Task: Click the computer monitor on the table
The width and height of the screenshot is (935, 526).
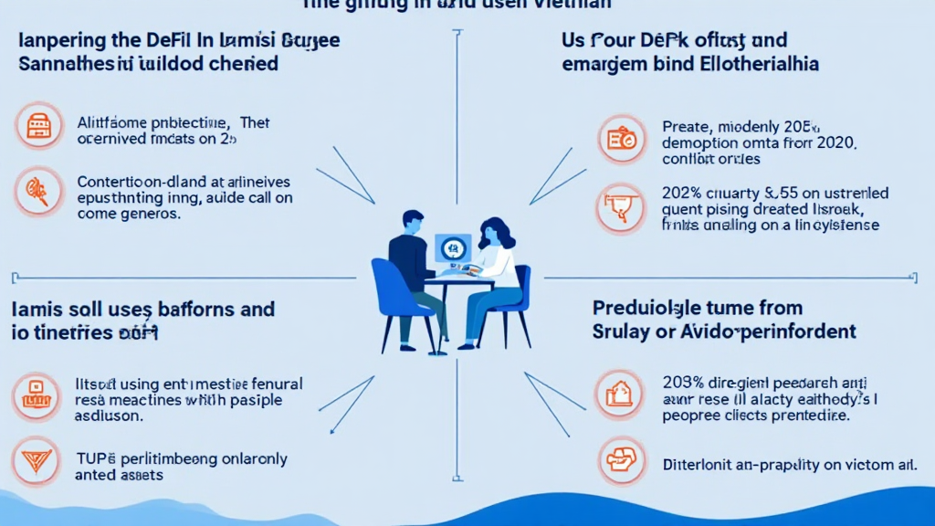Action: point(453,247)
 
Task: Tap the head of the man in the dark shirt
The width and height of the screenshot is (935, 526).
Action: point(413,225)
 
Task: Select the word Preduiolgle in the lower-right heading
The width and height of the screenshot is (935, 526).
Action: point(649,308)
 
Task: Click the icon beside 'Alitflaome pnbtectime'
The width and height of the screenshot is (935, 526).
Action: point(38,127)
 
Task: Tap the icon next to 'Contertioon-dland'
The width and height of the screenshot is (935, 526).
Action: point(38,191)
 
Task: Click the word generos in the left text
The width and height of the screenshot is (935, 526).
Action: point(145,216)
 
